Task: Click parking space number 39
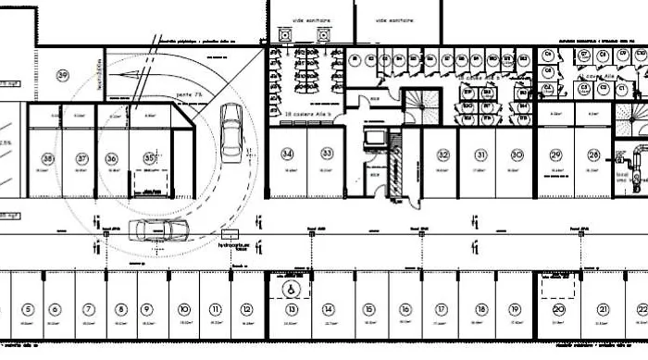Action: (63, 75)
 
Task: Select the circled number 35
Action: (150, 158)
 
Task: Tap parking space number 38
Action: (47, 159)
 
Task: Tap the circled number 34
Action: (288, 153)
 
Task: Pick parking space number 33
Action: (327, 153)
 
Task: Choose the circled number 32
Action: (443, 154)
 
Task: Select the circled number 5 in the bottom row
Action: (29, 309)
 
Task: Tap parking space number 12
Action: (246, 309)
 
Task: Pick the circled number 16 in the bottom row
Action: (405, 309)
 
